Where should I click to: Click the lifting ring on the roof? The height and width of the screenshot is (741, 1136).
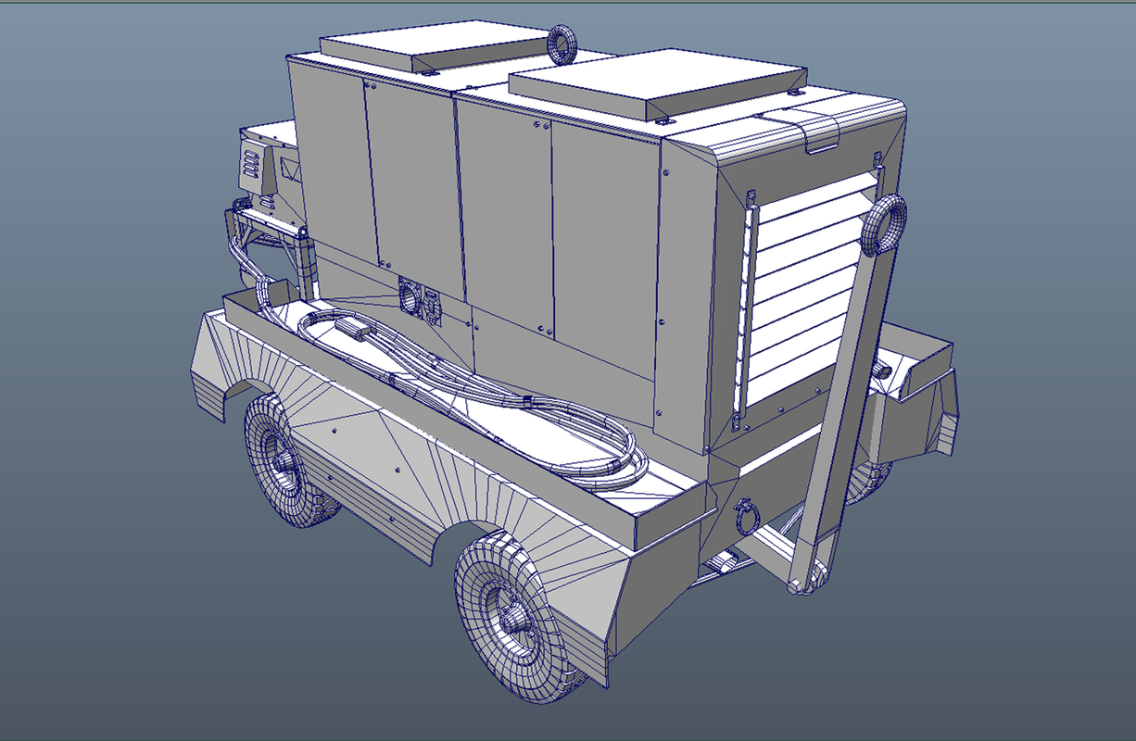(562, 43)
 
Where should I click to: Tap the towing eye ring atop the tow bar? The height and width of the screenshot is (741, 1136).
(884, 226)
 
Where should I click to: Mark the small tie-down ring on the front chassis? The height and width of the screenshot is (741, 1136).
(745, 518)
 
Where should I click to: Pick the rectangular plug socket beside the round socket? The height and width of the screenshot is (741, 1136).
(432, 306)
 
